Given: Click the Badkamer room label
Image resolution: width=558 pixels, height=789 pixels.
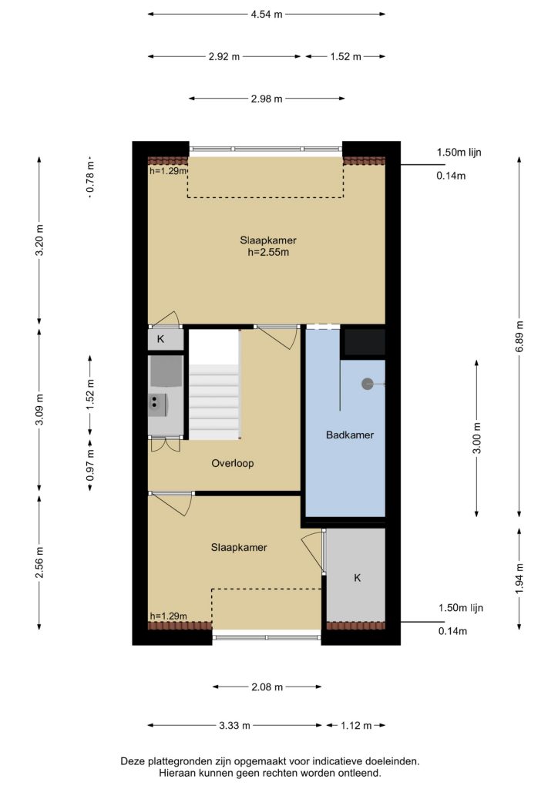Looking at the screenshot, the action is [350, 435].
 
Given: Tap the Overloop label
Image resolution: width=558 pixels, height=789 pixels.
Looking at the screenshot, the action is [233, 463].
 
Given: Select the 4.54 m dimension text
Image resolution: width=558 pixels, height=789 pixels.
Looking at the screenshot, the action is [267, 14].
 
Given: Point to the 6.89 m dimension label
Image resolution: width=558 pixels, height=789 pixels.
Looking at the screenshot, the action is [519, 337].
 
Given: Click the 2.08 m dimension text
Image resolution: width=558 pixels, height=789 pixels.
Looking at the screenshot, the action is [267, 687].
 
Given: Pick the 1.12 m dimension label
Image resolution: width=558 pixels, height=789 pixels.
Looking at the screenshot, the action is [356, 726].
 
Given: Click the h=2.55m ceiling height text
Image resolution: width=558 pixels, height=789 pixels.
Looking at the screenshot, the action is [268, 252].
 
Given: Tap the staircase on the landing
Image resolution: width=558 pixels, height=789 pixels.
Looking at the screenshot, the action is [213, 384].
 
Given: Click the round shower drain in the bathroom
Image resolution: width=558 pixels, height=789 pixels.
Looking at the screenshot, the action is [368, 384].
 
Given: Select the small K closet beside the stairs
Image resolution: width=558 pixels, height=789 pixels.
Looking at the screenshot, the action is [166, 339].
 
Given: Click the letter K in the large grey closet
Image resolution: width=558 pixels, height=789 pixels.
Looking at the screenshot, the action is [358, 578].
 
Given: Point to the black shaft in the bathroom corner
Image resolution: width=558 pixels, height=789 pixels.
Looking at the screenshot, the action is [363, 342].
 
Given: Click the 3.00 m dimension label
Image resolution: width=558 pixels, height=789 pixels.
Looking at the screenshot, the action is [476, 438].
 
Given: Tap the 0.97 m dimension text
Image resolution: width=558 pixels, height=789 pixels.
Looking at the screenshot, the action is [90, 465].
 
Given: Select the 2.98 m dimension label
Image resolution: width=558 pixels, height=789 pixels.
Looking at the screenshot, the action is [267, 99].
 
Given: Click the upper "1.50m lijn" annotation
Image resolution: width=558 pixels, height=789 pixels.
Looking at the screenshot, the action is [459, 152].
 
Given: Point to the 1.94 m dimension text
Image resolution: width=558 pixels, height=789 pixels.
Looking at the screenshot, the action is [519, 578].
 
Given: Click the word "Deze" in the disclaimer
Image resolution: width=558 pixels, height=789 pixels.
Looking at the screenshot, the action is [132, 761].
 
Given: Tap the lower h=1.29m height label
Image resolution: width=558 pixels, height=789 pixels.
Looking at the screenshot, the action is [169, 616].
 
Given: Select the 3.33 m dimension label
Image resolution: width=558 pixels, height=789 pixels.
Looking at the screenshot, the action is [234, 726].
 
